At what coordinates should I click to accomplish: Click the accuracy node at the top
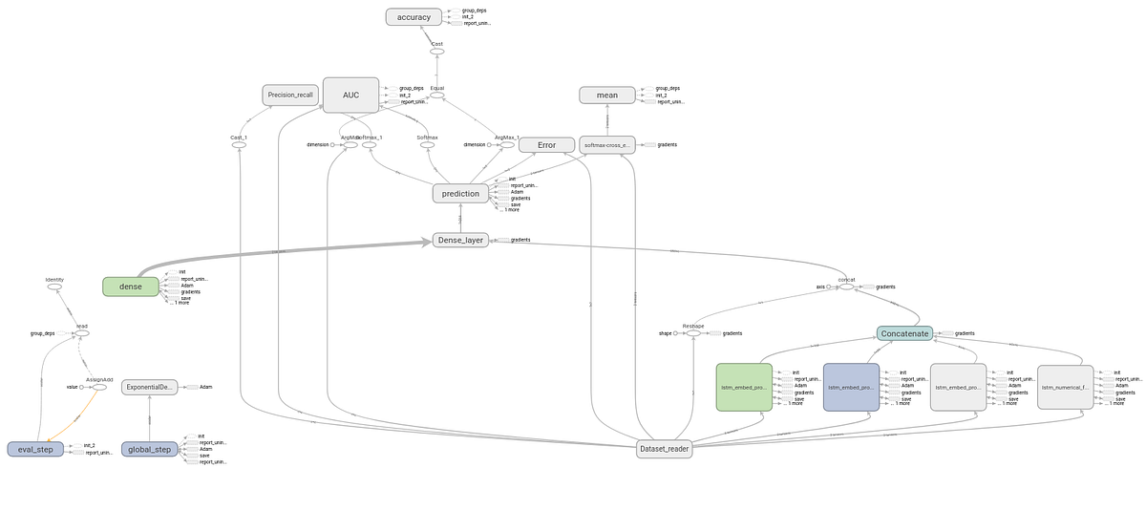pos(414,16)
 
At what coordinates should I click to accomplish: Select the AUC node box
pos(350,95)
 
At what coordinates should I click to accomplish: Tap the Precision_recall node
pos(290,95)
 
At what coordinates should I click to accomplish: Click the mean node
pos(606,95)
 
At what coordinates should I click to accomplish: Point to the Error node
pos(546,145)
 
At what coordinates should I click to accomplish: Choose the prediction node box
pos(461,193)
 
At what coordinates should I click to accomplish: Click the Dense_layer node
pos(461,241)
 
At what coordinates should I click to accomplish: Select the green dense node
pos(131,286)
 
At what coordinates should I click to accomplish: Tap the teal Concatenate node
pos(903,333)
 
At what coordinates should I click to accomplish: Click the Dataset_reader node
pos(664,448)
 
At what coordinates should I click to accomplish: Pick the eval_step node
pos(35,449)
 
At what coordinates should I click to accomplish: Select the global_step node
pos(150,449)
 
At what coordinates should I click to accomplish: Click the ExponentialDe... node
pos(150,387)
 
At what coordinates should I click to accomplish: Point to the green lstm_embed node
pos(744,387)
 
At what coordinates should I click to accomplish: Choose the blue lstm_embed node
pos(851,387)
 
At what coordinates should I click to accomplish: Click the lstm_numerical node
pos(1065,387)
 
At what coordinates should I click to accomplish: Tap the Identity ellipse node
pos(54,287)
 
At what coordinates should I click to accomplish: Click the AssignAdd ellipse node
pos(99,387)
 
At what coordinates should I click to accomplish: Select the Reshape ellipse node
pos(692,333)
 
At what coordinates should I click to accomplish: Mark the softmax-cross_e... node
pos(606,145)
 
